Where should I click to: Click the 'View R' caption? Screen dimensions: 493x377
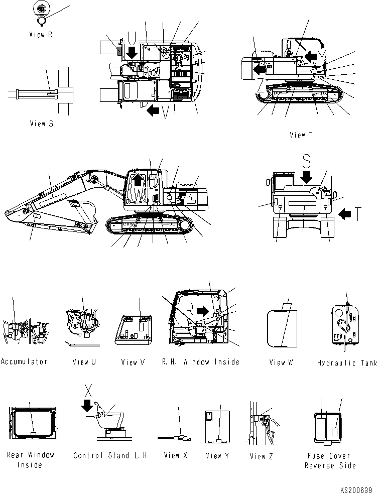click(x=41, y=35)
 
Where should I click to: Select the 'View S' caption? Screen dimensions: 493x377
click(x=41, y=124)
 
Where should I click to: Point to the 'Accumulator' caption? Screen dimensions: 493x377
click(x=24, y=361)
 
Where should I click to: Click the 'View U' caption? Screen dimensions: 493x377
click(x=84, y=361)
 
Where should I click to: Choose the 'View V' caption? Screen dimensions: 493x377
click(x=133, y=361)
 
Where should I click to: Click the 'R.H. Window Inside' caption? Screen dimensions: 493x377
click(x=200, y=361)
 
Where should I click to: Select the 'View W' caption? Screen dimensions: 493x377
click(x=281, y=362)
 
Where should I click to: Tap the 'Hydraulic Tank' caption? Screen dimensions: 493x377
click(x=347, y=362)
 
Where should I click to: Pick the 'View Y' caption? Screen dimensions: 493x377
click(x=217, y=456)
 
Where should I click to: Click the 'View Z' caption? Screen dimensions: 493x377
click(x=261, y=456)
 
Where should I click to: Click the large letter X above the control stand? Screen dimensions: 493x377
click(x=88, y=389)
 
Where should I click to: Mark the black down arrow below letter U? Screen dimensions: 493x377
click(x=132, y=52)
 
